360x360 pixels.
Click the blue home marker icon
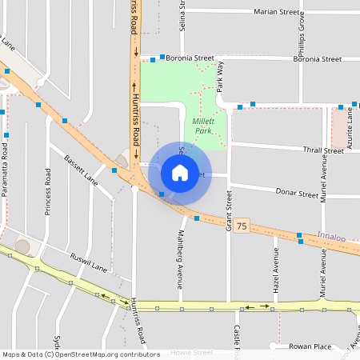pos(180,172)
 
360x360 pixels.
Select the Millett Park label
pos(202,125)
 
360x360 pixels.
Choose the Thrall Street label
pos(322,150)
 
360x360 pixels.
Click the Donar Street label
pos(297,194)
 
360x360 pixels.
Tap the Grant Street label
pos(229,210)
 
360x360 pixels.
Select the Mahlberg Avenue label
pos(178,260)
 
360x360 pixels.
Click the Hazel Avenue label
pos(275,269)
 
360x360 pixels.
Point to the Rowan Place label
pos(310,346)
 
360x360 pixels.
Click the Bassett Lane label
pos(81,169)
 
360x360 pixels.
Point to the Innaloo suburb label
pos(331,237)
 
